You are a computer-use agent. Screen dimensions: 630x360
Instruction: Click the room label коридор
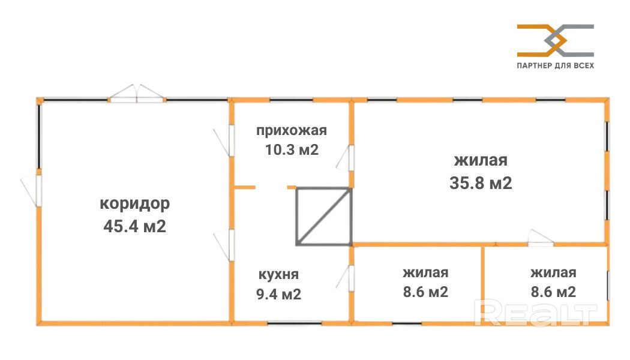pyautogui.click(x=134, y=203)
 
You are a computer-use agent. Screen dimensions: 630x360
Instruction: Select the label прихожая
pyautogui.click(x=292, y=131)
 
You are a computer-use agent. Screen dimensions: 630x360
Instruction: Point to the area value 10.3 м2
pyautogui.click(x=292, y=149)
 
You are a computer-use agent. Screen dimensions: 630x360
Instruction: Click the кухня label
pyautogui.click(x=278, y=275)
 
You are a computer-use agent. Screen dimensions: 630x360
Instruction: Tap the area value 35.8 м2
pyautogui.click(x=481, y=183)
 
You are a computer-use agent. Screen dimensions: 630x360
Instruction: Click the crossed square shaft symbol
pyautogui.click(x=323, y=216)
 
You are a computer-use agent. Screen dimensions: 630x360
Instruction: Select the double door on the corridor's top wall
pyautogui.click(x=137, y=94)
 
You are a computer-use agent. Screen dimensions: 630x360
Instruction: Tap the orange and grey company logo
pyautogui.click(x=555, y=40)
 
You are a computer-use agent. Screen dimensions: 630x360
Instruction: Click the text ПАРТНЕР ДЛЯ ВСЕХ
pyautogui.click(x=555, y=65)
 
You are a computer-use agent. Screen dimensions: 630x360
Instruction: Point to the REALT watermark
pyautogui.click(x=536, y=312)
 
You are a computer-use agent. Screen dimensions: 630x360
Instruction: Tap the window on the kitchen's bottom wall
pyautogui.click(x=286, y=323)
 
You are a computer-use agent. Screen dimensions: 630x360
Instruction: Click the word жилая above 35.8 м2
pyautogui.click(x=481, y=161)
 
